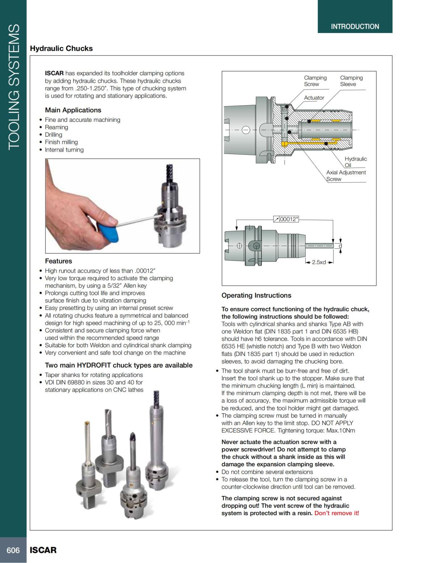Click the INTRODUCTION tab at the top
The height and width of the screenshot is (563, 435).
pos(355,26)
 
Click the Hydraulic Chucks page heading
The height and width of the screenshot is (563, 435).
pos(61,49)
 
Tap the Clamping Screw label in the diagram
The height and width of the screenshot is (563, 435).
pos(315,81)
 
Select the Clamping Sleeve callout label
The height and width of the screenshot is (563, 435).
pos(351,81)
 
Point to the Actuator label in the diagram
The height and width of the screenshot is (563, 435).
pos(314,98)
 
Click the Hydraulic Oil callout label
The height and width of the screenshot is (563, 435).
pos(355,162)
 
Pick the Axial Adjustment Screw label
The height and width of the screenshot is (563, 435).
pos(345,175)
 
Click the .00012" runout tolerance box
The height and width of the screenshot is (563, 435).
pos(286,219)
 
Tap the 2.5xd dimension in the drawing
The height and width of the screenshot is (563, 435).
pos(319,262)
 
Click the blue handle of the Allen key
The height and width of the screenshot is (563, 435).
pos(105,232)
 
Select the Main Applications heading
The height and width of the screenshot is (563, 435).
pos(73,110)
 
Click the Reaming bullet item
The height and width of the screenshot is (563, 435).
pos(56,127)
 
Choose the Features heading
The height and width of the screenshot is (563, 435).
pos(58,261)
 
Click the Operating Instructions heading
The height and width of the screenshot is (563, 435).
pos(256,295)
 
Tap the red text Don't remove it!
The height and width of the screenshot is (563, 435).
pos(336,513)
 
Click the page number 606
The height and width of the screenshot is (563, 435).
pos(13,550)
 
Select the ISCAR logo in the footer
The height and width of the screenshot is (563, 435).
pos(43,550)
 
